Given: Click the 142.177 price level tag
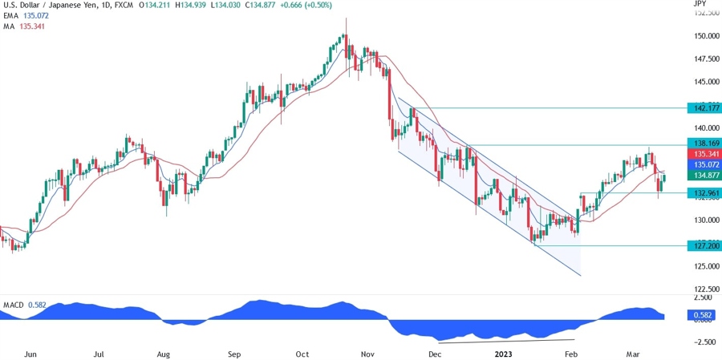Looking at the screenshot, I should coord(704,107).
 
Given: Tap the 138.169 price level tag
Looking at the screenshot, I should coord(704,143).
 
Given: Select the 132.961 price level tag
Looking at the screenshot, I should coord(704,193).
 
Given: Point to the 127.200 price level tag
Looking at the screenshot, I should coord(704,246).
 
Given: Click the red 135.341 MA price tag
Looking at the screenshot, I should coord(704,153).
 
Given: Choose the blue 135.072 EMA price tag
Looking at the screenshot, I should coord(704,164).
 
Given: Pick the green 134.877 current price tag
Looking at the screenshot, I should coord(704,175).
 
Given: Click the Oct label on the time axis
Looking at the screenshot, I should coord(302,353).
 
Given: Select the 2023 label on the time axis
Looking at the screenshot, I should coord(505,353).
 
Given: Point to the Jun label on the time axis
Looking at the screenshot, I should coord(32,353).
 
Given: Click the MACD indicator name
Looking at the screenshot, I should coord(12,305).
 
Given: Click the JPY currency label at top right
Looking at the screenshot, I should coord(699,4).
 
